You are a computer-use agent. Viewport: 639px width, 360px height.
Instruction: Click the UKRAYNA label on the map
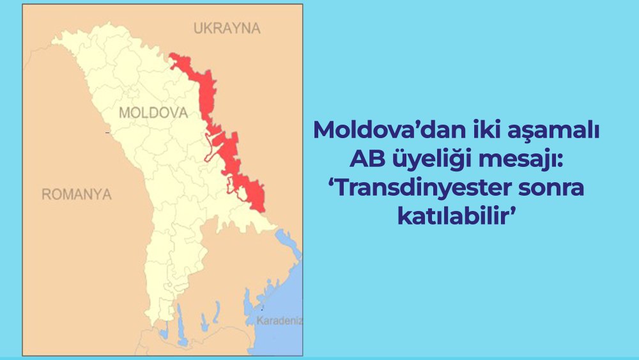pyautogui.click(x=227, y=28)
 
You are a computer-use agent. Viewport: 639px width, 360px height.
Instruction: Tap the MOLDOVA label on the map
pyautogui.click(x=153, y=113)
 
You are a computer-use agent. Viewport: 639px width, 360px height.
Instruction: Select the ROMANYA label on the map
pyautogui.click(x=77, y=194)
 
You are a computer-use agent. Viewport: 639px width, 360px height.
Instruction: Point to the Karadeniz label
pyautogui.click(x=279, y=320)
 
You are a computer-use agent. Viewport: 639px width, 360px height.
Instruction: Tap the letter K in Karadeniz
pyautogui.click(x=259, y=320)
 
